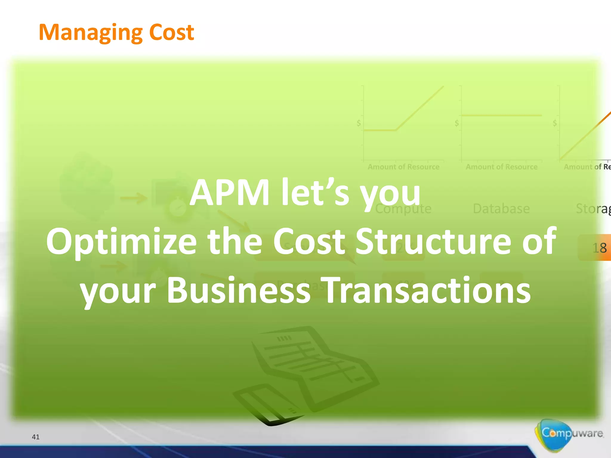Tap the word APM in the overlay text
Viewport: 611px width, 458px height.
click(x=229, y=192)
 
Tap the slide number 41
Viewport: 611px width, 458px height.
click(x=36, y=437)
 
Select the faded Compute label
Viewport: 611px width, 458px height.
click(x=403, y=209)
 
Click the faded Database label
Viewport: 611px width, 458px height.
click(x=501, y=209)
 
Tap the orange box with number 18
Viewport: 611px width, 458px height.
click(x=595, y=247)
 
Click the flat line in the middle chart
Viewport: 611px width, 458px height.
click(x=501, y=115)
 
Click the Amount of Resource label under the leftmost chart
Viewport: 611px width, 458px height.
click(x=403, y=167)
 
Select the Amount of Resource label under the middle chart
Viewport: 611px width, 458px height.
click(x=502, y=167)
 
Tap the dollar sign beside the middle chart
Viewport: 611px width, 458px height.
click(x=456, y=123)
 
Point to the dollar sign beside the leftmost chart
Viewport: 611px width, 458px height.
click(x=359, y=123)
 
